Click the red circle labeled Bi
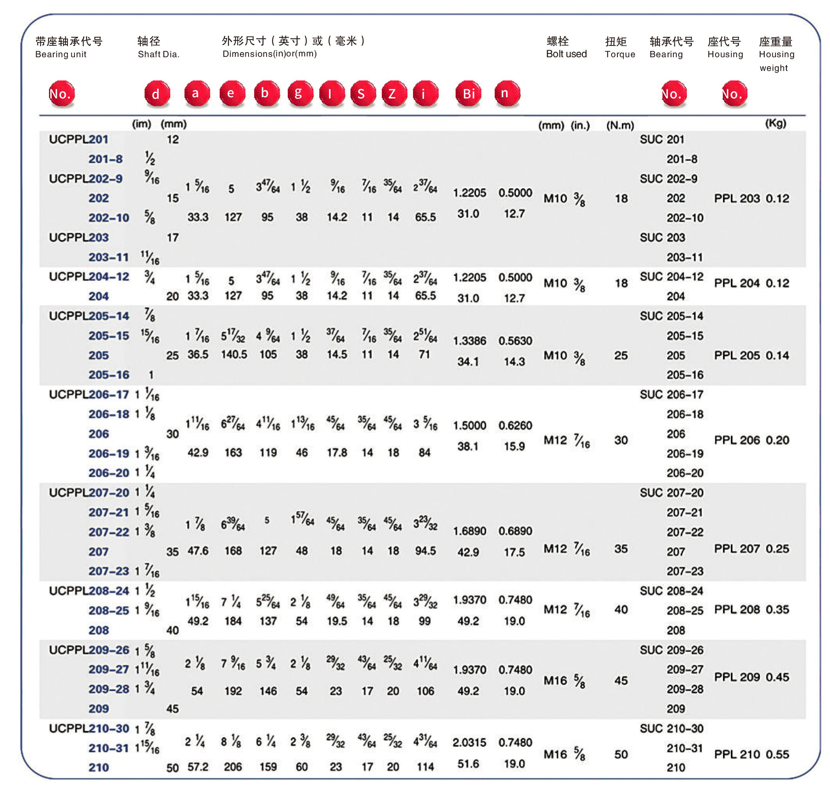(x=468, y=93)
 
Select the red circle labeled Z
(x=394, y=93)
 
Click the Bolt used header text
(x=566, y=54)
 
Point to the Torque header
(x=619, y=54)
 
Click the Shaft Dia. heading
(x=158, y=54)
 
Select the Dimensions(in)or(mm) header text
(x=269, y=54)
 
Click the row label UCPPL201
(x=78, y=139)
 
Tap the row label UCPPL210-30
(x=89, y=728)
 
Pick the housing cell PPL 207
(x=737, y=549)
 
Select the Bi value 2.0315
(x=469, y=742)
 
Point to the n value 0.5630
(x=515, y=340)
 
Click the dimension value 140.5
(x=234, y=354)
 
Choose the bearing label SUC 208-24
(x=671, y=590)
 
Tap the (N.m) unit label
(x=620, y=125)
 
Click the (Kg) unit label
(x=775, y=123)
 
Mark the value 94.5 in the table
(x=425, y=550)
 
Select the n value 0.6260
(x=515, y=425)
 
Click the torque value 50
(x=621, y=754)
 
